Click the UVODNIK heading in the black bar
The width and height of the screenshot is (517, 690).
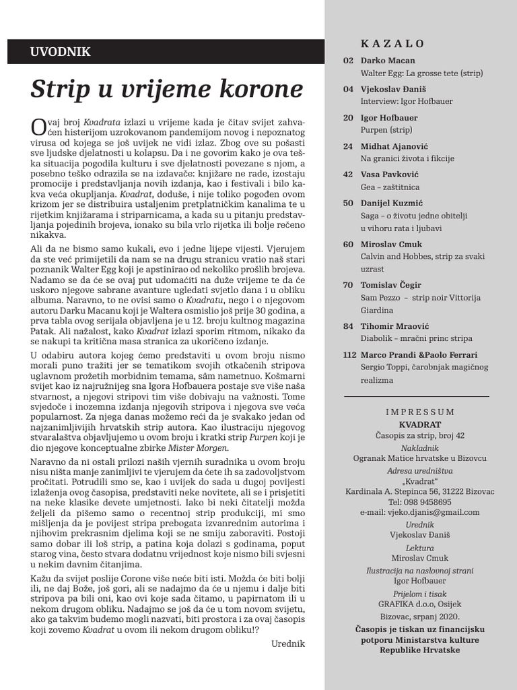click(61, 51)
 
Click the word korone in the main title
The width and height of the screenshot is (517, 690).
click(252, 90)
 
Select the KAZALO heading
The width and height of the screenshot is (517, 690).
click(392, 44)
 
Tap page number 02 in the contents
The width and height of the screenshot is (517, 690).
click(348, 61)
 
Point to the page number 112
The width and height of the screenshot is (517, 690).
click(350, 355)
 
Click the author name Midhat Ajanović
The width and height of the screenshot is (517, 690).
click(394, 146)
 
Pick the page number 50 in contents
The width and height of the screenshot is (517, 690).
click(348, 203)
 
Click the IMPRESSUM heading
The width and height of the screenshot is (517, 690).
click(420, 412)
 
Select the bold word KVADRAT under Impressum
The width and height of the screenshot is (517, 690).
click(420, 424)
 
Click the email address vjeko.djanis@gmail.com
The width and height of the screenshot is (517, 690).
click(420, 512)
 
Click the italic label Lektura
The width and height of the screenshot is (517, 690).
click(420, 548)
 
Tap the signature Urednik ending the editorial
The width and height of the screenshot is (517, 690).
click(287, 644)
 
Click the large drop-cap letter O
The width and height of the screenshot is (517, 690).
click(38, 126)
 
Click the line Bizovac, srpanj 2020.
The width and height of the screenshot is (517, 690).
click(420, 617)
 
